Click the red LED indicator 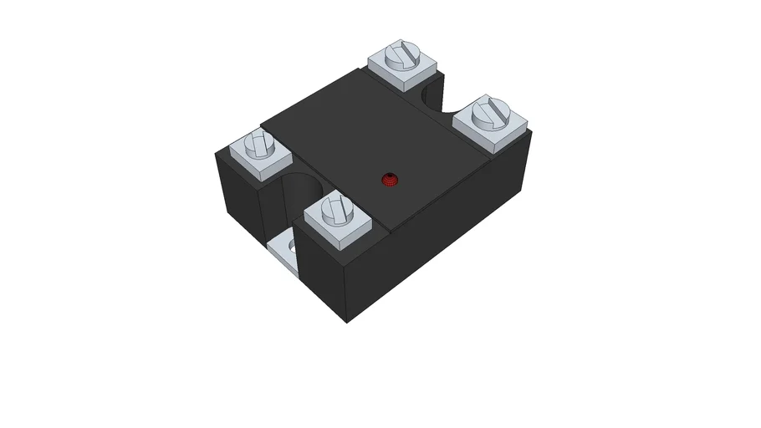390,178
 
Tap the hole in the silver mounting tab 291,247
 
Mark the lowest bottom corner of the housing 350,323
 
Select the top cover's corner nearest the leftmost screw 262,128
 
